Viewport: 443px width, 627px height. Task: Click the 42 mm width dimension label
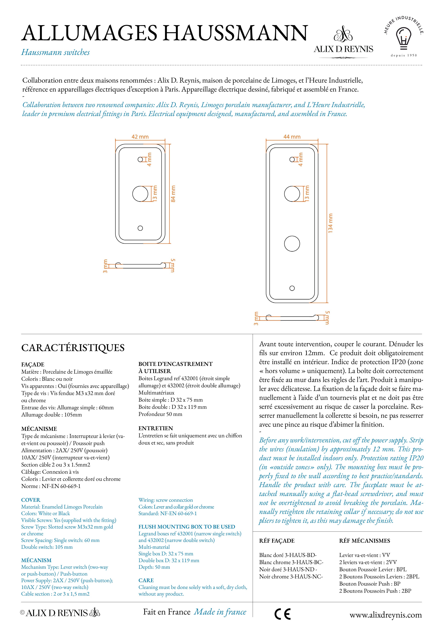tap(140, 137)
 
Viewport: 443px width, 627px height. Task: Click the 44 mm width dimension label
tap(292, 137)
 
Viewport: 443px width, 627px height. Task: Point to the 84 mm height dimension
tap(173, 194)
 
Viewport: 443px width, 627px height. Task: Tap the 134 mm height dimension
tap(330, 223)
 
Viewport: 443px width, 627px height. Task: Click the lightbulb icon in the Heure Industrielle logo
tap(403, 38)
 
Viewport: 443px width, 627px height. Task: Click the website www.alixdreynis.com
tap(385, 615)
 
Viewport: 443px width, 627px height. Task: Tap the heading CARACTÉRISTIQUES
tap(73, 348)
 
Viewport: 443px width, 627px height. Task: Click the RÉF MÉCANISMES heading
tap(364, 541)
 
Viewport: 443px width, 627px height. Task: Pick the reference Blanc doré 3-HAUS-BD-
tap(288, 555)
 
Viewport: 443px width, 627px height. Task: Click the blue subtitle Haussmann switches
tap(55, 52)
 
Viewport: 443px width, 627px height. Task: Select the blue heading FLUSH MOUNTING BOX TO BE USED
tap(187, 527)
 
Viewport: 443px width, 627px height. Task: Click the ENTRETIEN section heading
tap(156, 428)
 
